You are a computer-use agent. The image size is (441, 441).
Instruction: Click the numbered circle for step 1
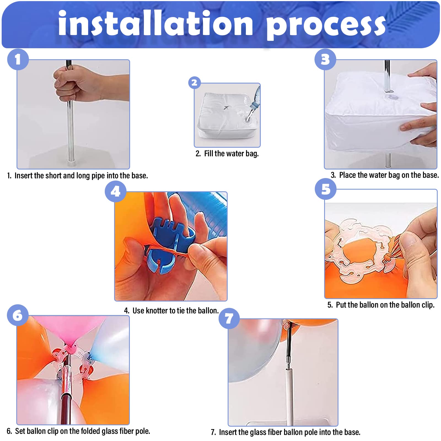pos(18,59)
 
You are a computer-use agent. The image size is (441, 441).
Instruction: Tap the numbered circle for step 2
pos(194,82)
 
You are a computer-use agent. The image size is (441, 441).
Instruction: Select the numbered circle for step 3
pos(325,59)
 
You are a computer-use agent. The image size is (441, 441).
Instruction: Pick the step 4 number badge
pos(115,191)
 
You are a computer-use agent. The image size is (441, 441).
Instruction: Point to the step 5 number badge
pos(326,189)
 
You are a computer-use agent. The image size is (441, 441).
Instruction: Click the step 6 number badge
pos(18,315)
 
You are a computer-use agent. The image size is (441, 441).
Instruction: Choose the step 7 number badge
pos(229,318)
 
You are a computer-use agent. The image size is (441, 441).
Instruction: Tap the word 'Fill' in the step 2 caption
pos(208,154)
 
